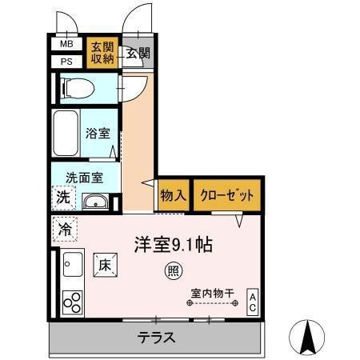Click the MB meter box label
66,44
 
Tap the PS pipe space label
66,62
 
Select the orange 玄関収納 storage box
102,53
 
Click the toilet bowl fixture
78,88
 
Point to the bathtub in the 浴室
66,134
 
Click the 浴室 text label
98,134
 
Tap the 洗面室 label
84,178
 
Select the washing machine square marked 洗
63,198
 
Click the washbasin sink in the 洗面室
95,202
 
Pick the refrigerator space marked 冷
65,229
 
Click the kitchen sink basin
73,264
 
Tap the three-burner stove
72,302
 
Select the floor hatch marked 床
106,265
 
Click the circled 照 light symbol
174,271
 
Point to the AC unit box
252,302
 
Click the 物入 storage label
173,195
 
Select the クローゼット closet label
227,195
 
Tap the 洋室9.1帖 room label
174,245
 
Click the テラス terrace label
156,338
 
